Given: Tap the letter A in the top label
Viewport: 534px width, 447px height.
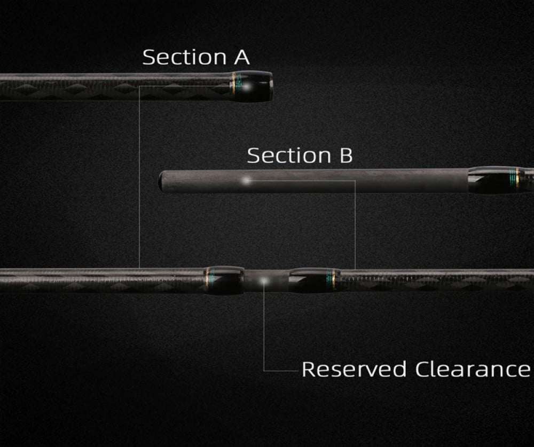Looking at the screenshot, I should coord(241,57).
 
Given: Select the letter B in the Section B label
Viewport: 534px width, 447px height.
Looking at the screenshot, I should coord(345,155).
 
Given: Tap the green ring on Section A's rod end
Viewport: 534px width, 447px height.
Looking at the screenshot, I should coord(238,85).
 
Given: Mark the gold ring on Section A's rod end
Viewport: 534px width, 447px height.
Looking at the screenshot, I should coord(233,85).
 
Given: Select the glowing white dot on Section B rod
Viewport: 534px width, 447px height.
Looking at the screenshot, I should coord(246,182).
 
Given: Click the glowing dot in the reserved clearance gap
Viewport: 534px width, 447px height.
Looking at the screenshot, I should coord(265,280).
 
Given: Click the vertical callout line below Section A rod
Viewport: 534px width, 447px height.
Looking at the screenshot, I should coord(139,176).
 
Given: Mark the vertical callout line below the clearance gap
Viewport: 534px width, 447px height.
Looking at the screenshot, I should coord(264,331).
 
